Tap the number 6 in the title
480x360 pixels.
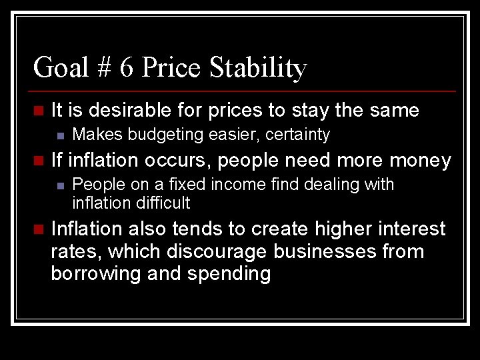(127, 67)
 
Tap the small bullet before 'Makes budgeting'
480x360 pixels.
(61, 135)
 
